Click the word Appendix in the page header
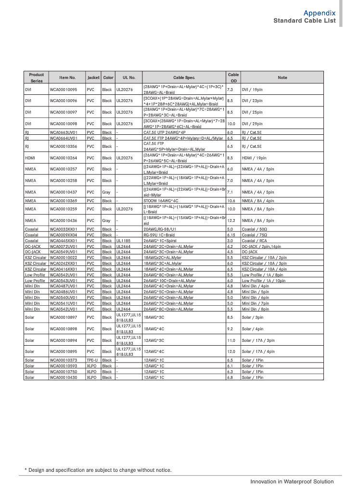(319, 13)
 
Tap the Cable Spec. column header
(184, 78)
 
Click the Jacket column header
(93, 78)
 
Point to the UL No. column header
(129, 78)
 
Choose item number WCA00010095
(63, 90)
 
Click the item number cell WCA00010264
(63, 157)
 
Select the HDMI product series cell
(30, 157)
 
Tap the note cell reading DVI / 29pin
(252, 124)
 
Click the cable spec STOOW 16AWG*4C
(161, 200)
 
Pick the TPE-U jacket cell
(92, 360)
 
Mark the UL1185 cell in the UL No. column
(123, 240)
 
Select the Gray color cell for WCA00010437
(106, 192)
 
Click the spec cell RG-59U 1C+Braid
(159, 235)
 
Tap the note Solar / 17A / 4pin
(258, 351)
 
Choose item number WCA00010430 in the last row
(63, 377)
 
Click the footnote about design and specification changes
(98, 470)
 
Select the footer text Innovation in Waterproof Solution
(292, 481)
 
